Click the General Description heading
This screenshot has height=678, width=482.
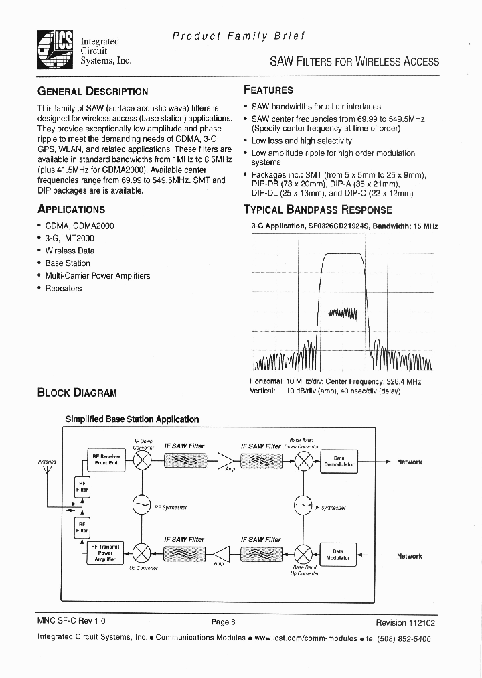(92, 92)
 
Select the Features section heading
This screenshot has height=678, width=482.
(268, 90)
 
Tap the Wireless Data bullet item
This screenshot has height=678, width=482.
(70, 251)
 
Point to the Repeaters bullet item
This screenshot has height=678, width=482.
(63, 289)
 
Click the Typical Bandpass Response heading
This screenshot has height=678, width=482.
(317, 210)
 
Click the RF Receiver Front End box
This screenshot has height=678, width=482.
(106, 460)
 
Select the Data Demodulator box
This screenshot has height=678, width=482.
(339, 462)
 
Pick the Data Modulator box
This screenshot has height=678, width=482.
(338, 555)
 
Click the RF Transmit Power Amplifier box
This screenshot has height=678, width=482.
(105, 553)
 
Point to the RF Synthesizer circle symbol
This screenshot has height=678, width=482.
(142, 505)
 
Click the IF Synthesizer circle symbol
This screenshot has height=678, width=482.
(303, 505)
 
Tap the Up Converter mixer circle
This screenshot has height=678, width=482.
(142, 553)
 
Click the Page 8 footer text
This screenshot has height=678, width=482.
(223, 622)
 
